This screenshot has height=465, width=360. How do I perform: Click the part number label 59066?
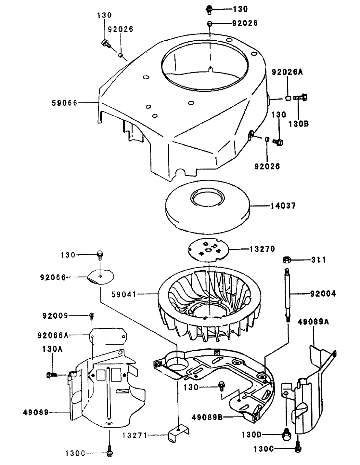click(x=64, y=103)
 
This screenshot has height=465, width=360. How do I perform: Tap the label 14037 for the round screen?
click(x=283, y=206)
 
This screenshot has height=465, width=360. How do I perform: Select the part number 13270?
click(x=262, y=249)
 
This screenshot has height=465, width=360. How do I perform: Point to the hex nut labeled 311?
click(x=286, y=259)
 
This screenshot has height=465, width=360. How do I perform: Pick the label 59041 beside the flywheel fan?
click(x=124, y=295)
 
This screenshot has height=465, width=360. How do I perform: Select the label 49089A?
click(x=313, y=322)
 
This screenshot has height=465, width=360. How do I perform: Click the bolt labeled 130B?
click(x=301, y=97)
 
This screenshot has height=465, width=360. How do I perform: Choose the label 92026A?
click(x=287, y=72)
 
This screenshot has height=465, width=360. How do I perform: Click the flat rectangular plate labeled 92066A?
click(x=109, y=336)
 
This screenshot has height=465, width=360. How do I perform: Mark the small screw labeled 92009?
click(x=92, y=315)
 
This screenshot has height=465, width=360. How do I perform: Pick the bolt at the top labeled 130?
click(x=210, y=9)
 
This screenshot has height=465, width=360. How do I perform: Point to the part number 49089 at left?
click(x=36, y=412)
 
